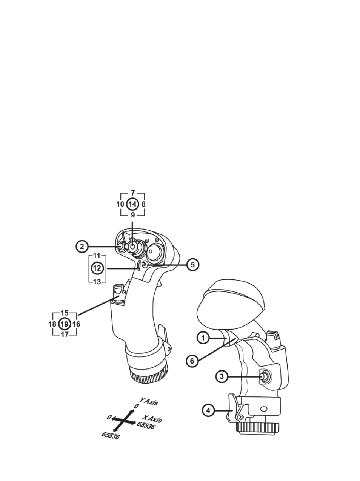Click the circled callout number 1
pos(203,338)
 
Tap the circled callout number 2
pos(82,247)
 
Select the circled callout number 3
pos(222,376)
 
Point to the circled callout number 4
pos(208,410)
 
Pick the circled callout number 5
pos(192,265)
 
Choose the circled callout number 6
pos(192,361)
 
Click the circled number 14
pos(132,204)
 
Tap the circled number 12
pos(97,268)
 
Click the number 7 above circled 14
pos(133,193)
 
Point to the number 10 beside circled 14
pos(120,204)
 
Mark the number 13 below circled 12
pos(97,282)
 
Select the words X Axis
pos(152,419)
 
